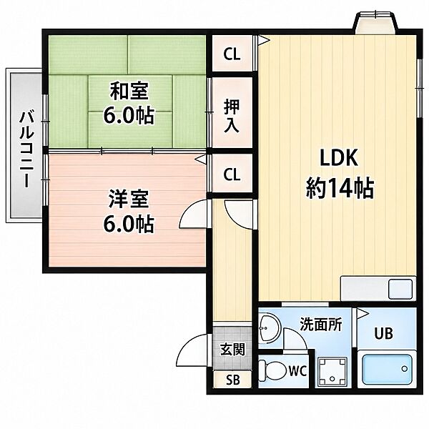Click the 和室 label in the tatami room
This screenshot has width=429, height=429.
click(x=129, y=91)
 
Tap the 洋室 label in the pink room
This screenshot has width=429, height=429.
click(x=129, y=199)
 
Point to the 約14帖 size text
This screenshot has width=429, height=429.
click(x=340, y=188)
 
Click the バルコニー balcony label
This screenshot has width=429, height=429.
click(x=26, y=149)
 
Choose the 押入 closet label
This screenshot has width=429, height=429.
click(x=232, y=116)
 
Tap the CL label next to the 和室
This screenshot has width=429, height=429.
click(x=232, y=54)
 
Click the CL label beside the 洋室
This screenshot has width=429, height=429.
click(x=232, y=174)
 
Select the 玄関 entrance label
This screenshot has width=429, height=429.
click(x=232, y=350)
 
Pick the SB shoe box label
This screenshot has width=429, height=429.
click(x=233, y=380)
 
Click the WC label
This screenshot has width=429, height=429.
click(x=297, y=370)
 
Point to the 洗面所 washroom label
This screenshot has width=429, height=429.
click(x=321, y=324)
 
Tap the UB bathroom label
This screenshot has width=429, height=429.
click(x=383, y=333)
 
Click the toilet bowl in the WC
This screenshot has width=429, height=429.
click(x=272, y=370)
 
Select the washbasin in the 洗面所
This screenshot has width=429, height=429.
click(x=270, y=327)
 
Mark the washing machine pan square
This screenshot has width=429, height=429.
click(x=332, y=373)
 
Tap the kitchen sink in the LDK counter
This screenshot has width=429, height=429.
click(x=400, y=289)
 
